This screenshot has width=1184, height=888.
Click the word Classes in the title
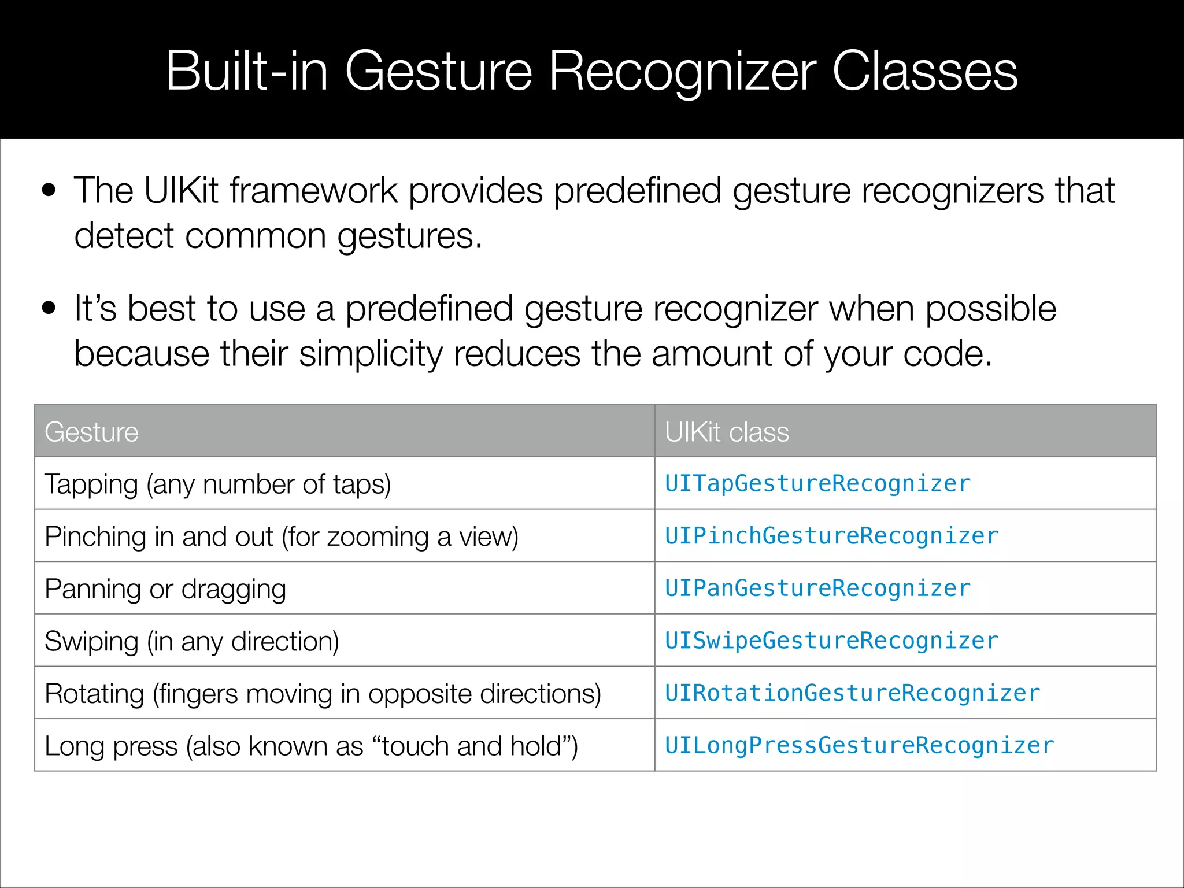click(x=924, y=71)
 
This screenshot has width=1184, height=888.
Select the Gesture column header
click(x=91, y=432)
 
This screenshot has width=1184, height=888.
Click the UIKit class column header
click(x=727, y=432)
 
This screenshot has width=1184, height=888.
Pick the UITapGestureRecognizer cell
click(x=817, y=483)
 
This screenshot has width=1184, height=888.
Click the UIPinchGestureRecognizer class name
click(x=831, y=536)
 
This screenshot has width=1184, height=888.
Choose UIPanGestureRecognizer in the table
click(x=817, y=589)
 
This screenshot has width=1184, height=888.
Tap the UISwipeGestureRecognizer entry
click(x=831, y=641)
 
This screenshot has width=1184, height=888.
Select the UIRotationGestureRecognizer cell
click(x=852, y=693)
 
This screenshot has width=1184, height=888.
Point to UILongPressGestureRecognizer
click(x=859, y=745)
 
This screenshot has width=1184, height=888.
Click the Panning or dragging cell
click(x=165, y=589)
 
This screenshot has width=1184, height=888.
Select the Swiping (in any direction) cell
click(x=192, y=641)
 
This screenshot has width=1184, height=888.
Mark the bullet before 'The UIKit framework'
click(x=49, y=190)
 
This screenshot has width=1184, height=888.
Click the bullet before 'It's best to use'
click(x=49, y=308)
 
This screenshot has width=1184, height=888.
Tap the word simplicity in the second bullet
click(x=370, y=354)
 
